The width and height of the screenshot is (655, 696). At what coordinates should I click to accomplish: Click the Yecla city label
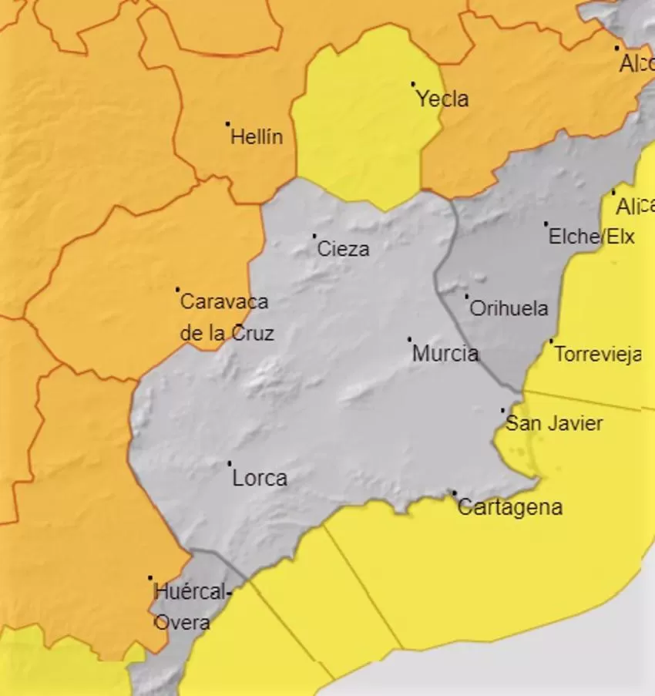442,99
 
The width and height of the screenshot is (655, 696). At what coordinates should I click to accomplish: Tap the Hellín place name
257,137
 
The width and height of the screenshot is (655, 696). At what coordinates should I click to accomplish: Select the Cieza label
343,249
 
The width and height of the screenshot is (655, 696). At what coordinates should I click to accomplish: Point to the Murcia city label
445,354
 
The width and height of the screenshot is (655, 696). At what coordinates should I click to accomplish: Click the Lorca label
260,479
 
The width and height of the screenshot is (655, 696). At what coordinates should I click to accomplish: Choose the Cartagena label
509,507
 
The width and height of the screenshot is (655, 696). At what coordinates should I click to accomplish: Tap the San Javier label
553,423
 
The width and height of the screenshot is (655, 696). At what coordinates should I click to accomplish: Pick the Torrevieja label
597,355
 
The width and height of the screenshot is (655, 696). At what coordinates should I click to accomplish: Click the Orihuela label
509,309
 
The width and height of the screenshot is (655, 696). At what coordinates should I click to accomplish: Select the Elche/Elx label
591,237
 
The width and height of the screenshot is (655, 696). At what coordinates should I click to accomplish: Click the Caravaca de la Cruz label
225,318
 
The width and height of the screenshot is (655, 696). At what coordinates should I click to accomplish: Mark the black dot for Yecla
413,84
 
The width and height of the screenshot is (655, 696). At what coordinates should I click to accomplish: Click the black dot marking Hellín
228,123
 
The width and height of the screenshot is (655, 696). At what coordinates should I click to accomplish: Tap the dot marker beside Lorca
229,463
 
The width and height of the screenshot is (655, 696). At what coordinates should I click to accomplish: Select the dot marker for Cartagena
454,492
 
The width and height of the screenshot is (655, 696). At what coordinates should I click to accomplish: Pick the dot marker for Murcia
409,338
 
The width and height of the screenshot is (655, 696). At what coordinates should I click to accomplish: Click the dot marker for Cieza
314,235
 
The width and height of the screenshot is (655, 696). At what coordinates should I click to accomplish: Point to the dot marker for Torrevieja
551,341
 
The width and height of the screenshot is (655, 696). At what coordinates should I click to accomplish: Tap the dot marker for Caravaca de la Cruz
178,289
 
